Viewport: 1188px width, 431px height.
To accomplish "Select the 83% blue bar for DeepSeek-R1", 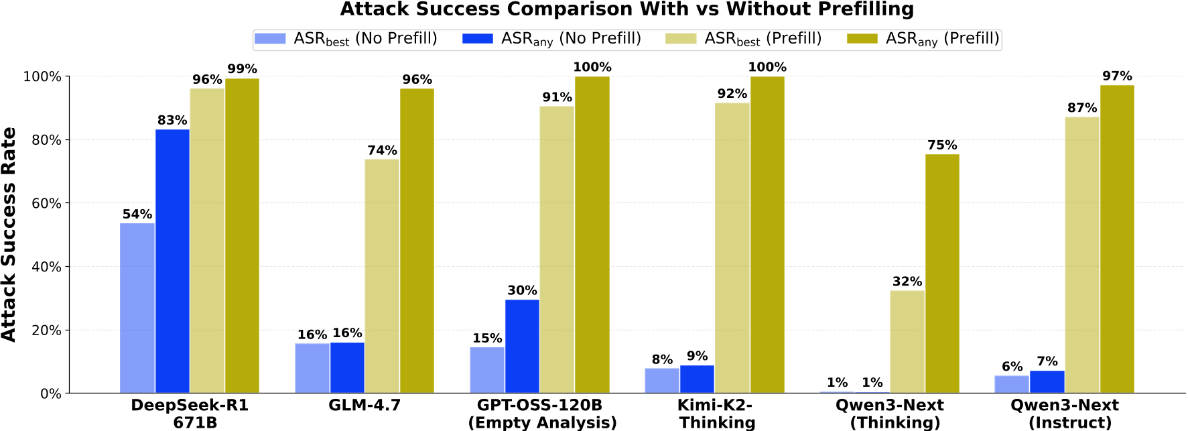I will coord(172,261).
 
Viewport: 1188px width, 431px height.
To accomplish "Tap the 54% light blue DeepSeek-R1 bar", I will coord(137,308).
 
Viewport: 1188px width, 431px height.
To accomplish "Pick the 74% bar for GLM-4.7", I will coord(382,275).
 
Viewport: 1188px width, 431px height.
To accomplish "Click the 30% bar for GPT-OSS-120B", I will coord(522,346).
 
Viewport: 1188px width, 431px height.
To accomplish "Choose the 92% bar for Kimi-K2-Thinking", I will coord(732,247).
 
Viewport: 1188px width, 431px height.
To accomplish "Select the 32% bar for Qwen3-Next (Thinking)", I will coord(907,341).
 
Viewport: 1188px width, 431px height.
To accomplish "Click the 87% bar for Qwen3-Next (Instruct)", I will coord(1082,255).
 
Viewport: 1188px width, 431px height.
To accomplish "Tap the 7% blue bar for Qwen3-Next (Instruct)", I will coord(1047,381).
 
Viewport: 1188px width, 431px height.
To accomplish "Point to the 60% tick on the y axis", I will coord(43,203).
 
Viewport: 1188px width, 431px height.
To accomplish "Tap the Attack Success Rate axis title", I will coord(9,235).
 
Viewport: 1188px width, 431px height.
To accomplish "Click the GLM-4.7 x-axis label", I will coord(365,406).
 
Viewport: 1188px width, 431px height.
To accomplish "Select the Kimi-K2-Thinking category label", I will coord(717,414).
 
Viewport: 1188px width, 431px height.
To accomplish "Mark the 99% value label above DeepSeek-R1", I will coord(242,69).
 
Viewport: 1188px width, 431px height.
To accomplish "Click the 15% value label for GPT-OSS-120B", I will coord(487,338).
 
